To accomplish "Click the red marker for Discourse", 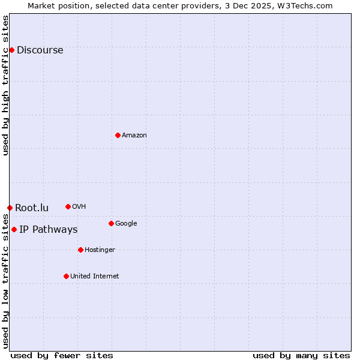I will tap(11, 50).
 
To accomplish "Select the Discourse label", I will tap(40, 50).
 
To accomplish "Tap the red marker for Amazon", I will tap(118, 135).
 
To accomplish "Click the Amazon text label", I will tap(134, 136).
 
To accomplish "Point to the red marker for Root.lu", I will tap(10, 208).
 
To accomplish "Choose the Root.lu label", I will tap(32, 208).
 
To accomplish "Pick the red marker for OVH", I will tap(68, 206).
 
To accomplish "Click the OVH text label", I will tap(79, 207).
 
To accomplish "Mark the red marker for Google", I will tap(111, 223).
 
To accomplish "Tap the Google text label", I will tap(126, 224).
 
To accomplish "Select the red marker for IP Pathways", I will tap(14, 229).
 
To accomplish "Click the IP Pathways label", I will tap(48, 230).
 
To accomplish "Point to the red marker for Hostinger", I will tap(80, 250).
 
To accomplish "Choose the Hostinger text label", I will tap(100, 250).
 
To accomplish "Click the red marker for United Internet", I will tap(66, 276).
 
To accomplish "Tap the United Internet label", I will tap(94, 277).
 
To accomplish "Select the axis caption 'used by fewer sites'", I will tap(62, 355).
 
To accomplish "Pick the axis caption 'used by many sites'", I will tap(301, 355).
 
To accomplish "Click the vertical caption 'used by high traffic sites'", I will tap(5, 85).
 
